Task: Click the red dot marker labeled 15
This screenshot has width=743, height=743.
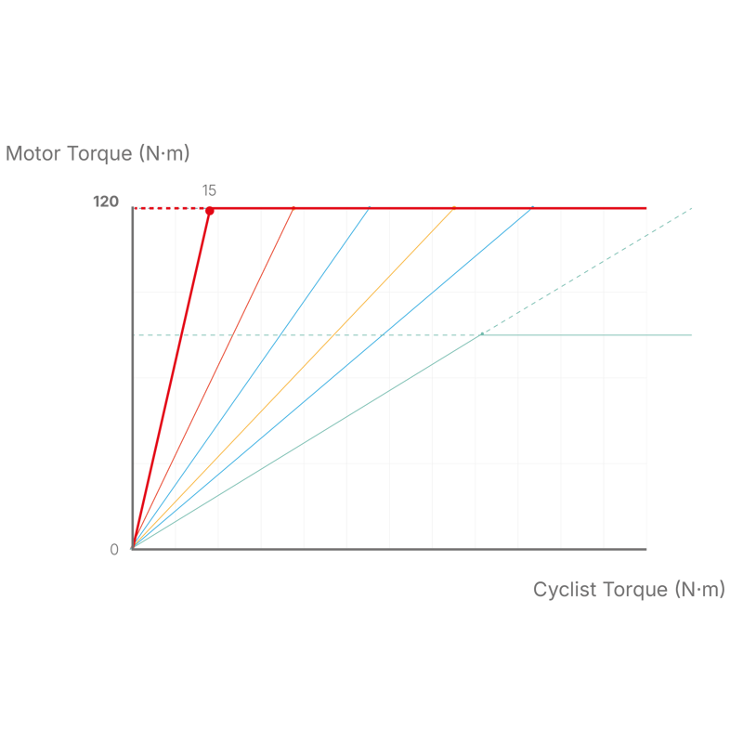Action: point(210,211)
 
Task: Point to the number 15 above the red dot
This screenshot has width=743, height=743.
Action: point(209,190)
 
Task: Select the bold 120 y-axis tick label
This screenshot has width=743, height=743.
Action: point(106,202)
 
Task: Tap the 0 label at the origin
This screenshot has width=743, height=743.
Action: point(114,550)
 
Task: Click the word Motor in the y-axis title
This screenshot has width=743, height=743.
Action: point(33,153)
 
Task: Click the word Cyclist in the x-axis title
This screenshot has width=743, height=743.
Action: point(565,590)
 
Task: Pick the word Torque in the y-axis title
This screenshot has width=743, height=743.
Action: point(100,154)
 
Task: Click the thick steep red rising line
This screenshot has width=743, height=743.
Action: point(171,380)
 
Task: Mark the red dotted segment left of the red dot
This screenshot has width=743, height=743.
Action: point(170,208)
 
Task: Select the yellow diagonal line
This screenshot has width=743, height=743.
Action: point(293,378)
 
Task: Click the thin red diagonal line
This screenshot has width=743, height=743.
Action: point(214,378)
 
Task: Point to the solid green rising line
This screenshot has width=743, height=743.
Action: point(307,442)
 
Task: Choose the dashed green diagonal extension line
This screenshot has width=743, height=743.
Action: point(587,271)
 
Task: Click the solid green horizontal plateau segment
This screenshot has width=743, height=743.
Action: point(587,335)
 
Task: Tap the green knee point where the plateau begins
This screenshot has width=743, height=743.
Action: point(482,334)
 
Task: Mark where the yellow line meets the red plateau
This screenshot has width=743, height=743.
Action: point(454,207)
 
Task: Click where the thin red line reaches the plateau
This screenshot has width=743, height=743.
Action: point(293,207)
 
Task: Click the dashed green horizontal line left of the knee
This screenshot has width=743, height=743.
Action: point(307,335)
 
